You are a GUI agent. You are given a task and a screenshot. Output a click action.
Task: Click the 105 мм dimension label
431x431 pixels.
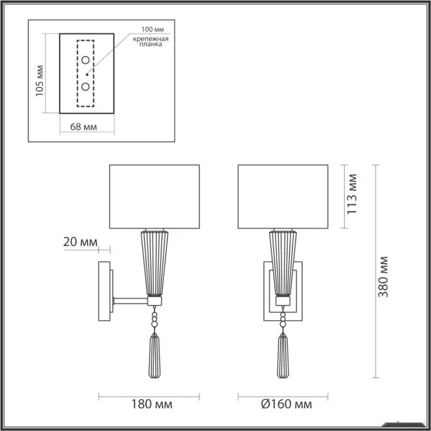point(39,81)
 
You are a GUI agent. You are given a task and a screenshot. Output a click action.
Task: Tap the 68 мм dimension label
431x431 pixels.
point(84,127)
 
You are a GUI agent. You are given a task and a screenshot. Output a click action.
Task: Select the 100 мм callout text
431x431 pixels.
point(153,30)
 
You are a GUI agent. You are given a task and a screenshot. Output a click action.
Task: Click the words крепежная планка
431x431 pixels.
point(151,41)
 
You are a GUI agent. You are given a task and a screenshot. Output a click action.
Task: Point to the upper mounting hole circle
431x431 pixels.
point(86,60)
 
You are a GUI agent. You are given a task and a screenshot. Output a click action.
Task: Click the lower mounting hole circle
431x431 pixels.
point(86,87)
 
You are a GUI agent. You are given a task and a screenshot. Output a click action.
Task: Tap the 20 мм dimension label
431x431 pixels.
point(80,242)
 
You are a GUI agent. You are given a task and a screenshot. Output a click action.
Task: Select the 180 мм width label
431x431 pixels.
point(151,404)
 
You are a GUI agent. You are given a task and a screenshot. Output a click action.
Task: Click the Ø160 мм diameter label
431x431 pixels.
point(286,404)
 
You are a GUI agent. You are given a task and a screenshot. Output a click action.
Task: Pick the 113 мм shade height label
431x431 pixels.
point(352,194)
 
